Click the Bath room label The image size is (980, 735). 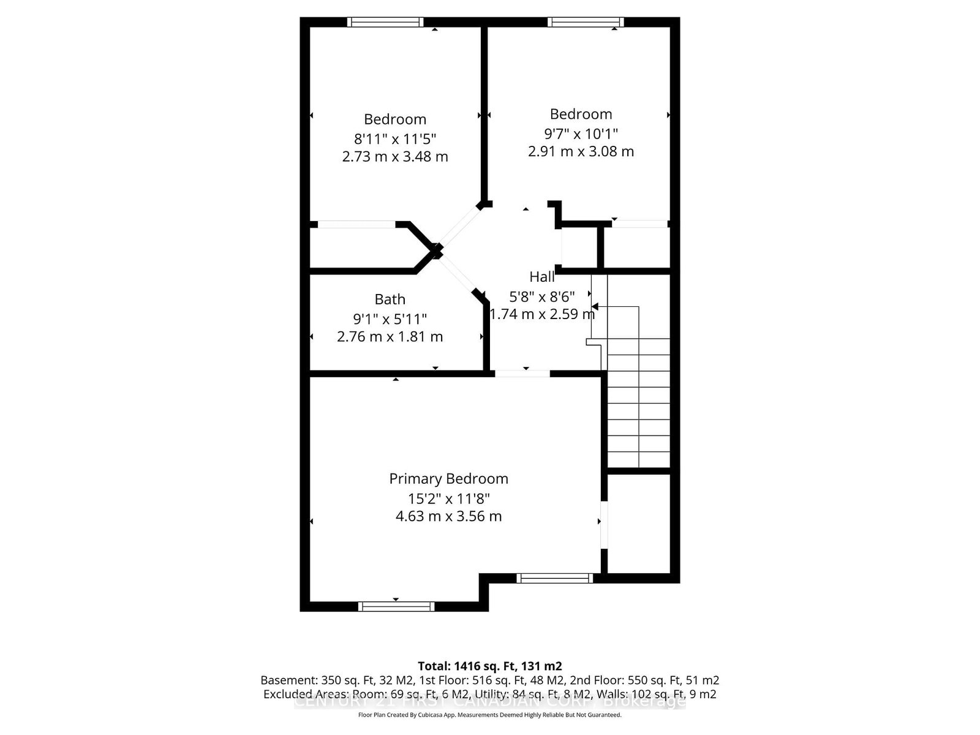[x=390, y=300]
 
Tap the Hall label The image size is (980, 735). [x=542, y=277]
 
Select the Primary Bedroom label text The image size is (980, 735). [x=448, y=478]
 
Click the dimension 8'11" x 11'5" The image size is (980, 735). [x=395, y=138]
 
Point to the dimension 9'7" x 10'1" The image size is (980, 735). [x=581, y=133]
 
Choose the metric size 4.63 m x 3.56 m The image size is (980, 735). [x=448, y=516]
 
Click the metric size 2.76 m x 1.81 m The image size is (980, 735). [x=390, y=337]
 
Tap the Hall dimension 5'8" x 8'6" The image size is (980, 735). [x=542, y=297]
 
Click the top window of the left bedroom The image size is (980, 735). [x=385, y=22]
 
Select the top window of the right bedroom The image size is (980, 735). [x=586, y=22]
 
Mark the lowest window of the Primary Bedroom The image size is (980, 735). [x=396, y=606]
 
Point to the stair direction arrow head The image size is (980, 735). [x=594, y=306]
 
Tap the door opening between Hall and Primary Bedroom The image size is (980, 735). [x=522, y=373]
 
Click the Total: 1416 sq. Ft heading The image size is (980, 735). [x=489, y=666]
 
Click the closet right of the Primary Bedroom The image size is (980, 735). [x=638, y=524]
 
